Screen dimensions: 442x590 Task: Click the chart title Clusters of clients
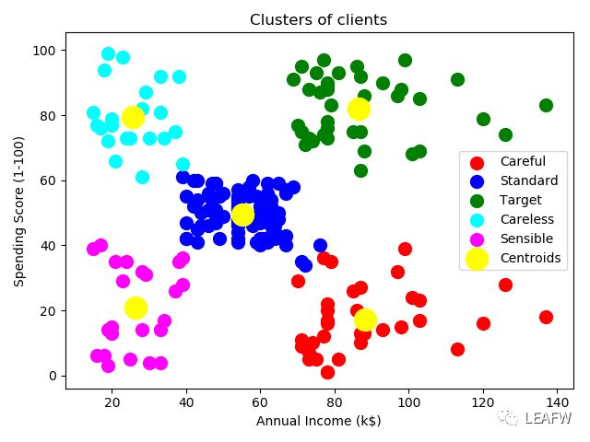tap(319, 20)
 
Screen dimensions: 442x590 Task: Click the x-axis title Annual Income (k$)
tap(319, 421)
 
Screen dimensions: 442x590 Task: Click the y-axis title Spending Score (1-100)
tap(18, 214)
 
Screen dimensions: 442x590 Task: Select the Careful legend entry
tap(522, 162)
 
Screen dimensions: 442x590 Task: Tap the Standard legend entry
tap(528, 181)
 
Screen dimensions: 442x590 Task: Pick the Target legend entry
tap(520, 200)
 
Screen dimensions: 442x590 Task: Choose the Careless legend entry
tap(526, 219)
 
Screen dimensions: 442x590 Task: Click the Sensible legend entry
tap(526, 238)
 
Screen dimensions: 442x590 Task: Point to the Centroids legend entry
tap(530, 258)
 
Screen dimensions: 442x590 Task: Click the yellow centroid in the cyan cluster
tap(134, 117)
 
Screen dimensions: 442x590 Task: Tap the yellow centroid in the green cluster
tap(359, 109)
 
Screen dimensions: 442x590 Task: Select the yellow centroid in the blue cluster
tap(242, 215)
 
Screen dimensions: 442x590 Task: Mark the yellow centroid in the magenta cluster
tap(136, 308)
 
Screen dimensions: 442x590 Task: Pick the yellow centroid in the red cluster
tap(365, 320)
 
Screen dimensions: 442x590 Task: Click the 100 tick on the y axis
tap(48, 50)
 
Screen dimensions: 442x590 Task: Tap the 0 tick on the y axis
tap(54, 376)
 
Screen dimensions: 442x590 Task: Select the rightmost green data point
tap(546, 106)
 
